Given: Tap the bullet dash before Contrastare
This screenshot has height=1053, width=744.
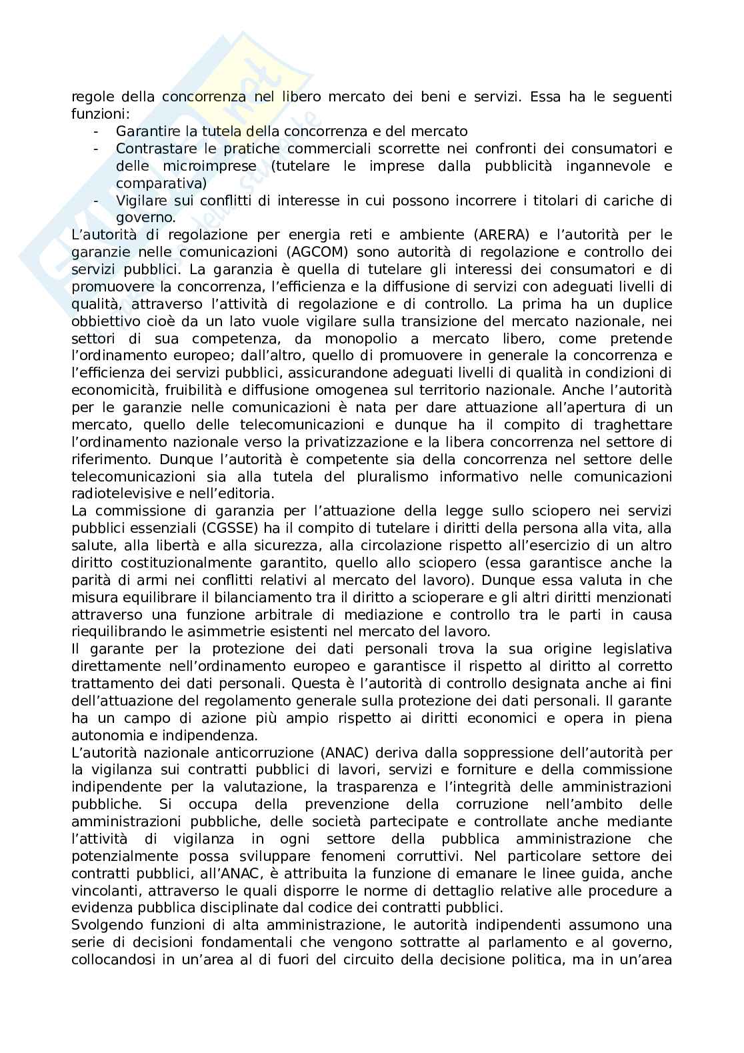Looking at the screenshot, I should (97, 149).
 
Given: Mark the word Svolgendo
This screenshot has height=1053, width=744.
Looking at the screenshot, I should (103, 925).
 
